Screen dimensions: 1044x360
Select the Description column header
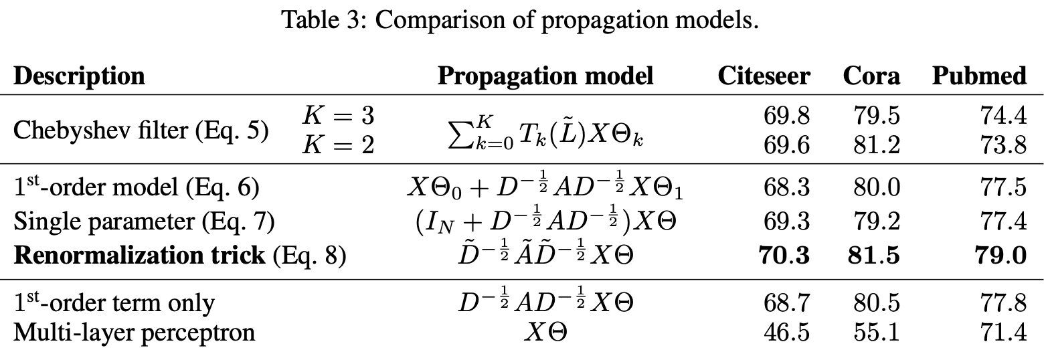click(79, 76)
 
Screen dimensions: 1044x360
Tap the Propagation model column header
click(545, 76)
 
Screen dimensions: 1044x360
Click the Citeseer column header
click(764, 76)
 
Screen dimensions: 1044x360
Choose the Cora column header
click(871, 76)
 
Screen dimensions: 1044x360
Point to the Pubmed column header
click(979, 76)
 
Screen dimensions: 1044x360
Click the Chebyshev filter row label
click(141, 130)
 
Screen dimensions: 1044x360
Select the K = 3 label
click(338, 116)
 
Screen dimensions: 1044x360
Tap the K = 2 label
click(338, 145)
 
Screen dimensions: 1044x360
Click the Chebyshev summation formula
click(545, 130)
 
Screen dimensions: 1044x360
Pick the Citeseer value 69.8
click(786, 116)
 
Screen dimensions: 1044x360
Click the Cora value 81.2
click(877, 145)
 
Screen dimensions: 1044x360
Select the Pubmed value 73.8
click(1003, 145)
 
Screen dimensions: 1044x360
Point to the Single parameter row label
click(144, 221)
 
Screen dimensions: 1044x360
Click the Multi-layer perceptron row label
click(134, 332)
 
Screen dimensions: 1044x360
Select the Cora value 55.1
click(877, 332)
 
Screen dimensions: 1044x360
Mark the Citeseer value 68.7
click(786, 303)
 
